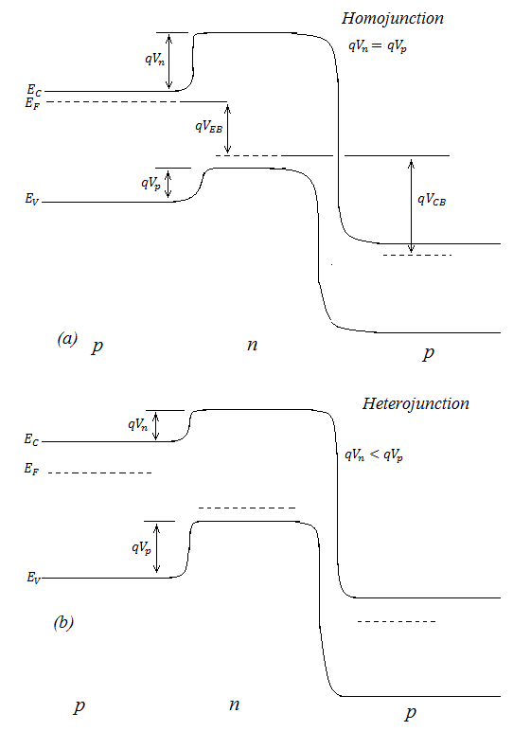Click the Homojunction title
(x=393, y=19)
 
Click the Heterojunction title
(x=416, y=403)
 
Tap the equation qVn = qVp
(x=378, y=45)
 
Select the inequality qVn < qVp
(x=374, y=455)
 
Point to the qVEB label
(x=208, y=126)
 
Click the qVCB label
(x=432, y=200)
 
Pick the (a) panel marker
(x=67, y=338)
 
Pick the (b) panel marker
(x=63, y=622)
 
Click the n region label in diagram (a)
(x=252, y=345)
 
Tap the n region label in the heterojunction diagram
(x=235, y=704)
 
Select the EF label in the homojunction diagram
(x=32, y=103)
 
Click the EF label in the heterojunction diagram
(x=31, y=469)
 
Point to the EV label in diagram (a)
(x=32, y=199)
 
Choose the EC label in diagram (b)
(x=31, y=439)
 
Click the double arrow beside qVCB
(x=411, y=205)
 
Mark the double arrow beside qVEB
(x=227, y=129)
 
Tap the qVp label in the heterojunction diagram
(x=141, y=547)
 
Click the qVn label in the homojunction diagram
(x=154, y=60)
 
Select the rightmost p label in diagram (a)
(x=429, y=353)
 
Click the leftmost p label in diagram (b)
(x=80, y=706)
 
